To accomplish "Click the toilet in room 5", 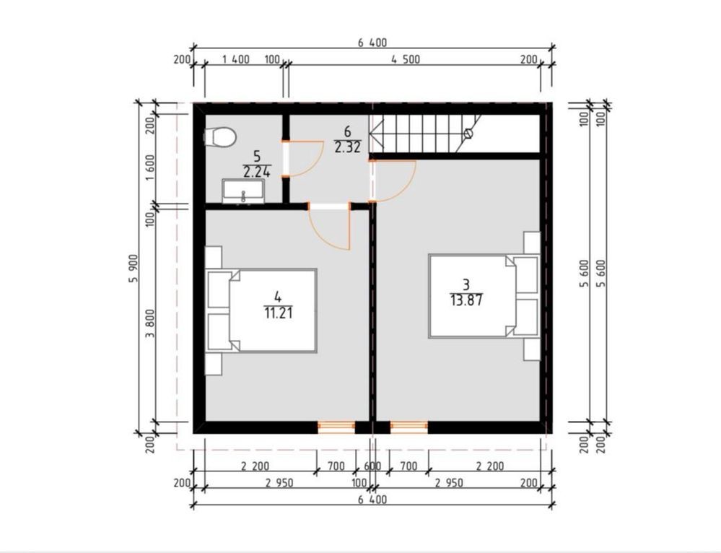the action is point(220,137).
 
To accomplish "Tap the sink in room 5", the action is point(243,191).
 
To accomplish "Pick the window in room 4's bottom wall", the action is point(336,427).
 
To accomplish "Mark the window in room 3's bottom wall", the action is point(408,427).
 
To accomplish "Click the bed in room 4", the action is point(261,311).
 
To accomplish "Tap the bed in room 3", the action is point(484,296).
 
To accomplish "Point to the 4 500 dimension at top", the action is point(406,59).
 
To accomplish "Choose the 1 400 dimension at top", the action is point(236,59).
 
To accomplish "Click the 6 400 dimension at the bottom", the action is point(372,499).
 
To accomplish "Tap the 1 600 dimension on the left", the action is point(150,168).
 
